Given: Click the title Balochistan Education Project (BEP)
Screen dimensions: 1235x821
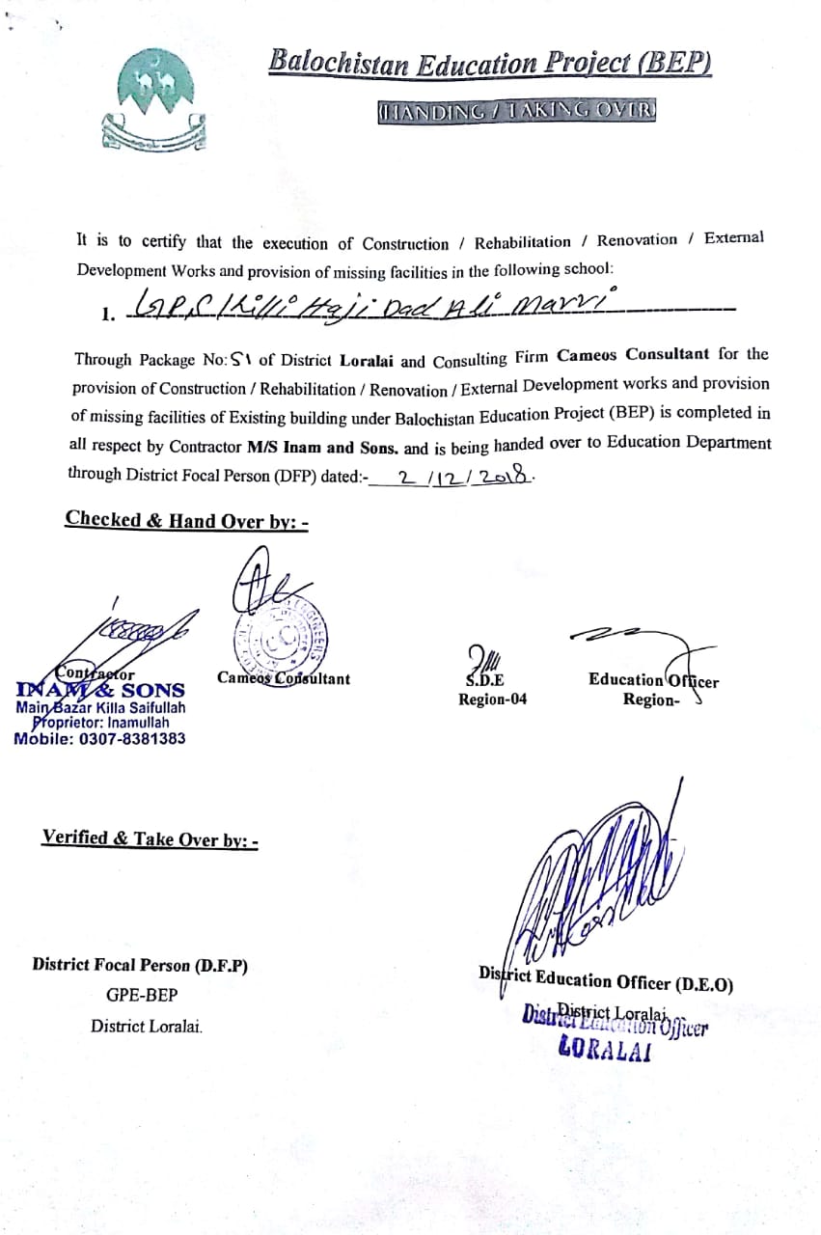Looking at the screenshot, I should pyautogui.click(x=490, y=64).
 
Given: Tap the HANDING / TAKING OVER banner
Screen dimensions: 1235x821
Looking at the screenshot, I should pyautogui.click(x=517, y=111).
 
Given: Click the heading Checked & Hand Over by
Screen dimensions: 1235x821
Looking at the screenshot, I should pyautogui.click(x=186, y=520).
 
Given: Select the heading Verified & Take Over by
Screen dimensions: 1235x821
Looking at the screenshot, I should pyautogui.click(x=150, y=838).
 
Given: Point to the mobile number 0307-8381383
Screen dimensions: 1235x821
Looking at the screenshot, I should pyautogui.click(x=99, y=738).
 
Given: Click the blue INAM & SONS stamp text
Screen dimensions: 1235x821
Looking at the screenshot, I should pyautogui.click(x=100, y=690).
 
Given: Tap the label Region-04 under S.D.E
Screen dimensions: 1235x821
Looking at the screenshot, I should pyautogui.click(x=492, y=700).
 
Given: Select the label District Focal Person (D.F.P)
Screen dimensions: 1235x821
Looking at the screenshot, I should pyautogui.click(x=140, y=964).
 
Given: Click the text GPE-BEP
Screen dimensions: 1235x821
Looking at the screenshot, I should pyautogui.click(x=142, y=995).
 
